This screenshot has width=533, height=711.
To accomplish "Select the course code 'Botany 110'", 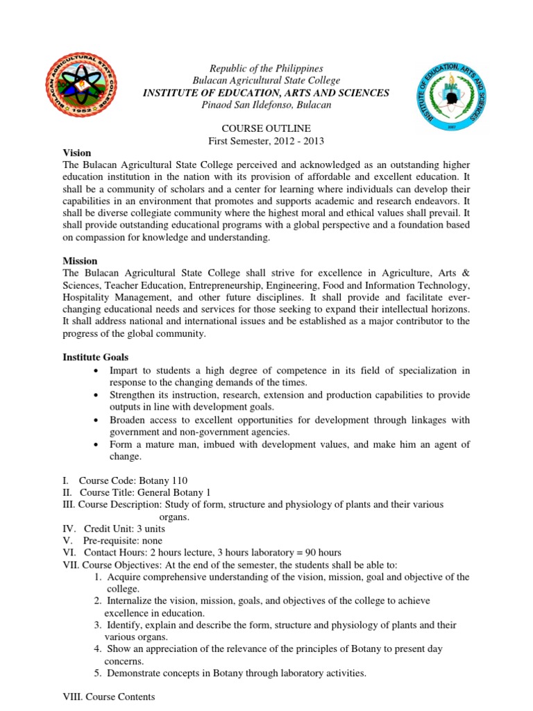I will [x=161, y=480].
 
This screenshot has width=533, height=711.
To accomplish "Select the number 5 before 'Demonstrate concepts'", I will [x=97, y=673].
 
